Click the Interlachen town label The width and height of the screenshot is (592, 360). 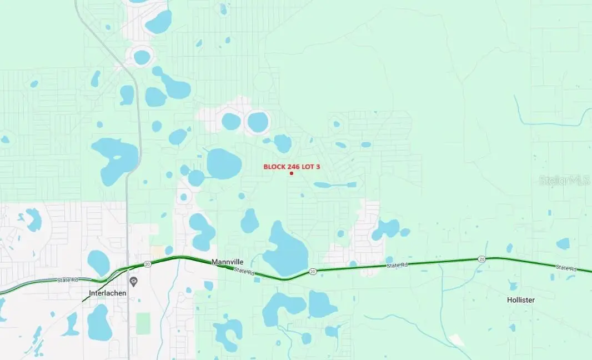click(108, 293)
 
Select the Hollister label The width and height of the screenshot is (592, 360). click(520, 300)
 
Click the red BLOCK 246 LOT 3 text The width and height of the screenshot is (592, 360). click(292, 166)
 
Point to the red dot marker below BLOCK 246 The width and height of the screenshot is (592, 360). click(292, 173)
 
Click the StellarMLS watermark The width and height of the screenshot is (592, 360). click(564, 180)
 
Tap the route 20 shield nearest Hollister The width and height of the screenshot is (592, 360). click(481, 259)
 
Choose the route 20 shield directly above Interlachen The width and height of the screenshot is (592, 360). click(147, 264)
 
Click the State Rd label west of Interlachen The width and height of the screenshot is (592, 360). click(68, 280)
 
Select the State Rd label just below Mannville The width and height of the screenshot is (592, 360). click(244, 272)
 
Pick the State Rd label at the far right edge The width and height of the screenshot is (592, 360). click(565, 268)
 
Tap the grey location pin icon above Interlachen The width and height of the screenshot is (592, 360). click(133, 282)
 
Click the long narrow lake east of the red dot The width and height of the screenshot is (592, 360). click(335, 184)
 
